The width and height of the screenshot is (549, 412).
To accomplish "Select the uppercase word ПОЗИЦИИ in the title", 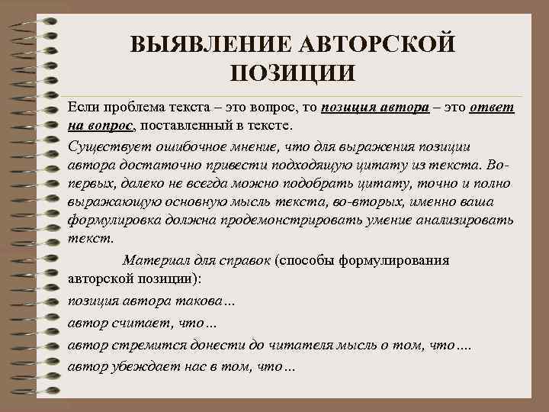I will (x=291, y=74).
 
